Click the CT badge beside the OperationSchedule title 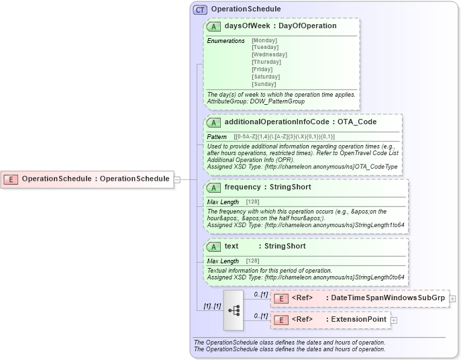(x=199, y=9)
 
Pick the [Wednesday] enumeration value (x=269, y=54)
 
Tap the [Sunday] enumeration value (x=263, y=84)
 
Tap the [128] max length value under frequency (x=252, y=202)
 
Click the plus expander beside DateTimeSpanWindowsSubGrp (x=453, y=298)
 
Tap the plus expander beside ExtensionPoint (x=394, y=320)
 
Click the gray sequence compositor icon (x=233, y=310)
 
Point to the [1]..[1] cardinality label (x=213, y=306)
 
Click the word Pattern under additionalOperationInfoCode (x=217, y=137)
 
